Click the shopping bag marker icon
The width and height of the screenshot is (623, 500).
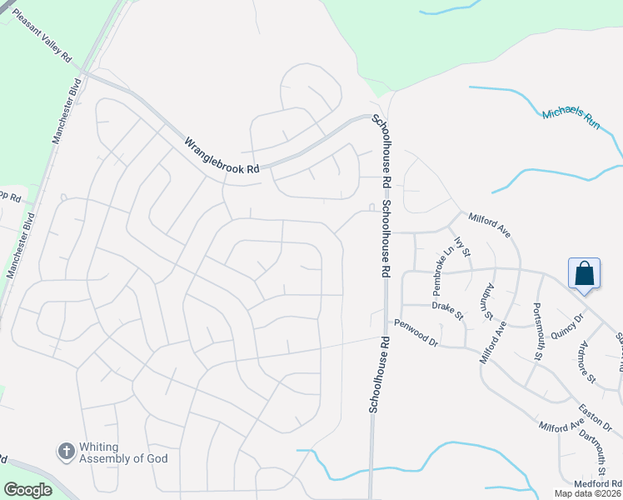584,273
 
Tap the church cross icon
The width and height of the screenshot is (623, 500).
66,452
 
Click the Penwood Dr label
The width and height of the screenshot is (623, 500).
415,332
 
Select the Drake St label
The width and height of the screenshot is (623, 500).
447,310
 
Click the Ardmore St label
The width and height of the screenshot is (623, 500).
588,362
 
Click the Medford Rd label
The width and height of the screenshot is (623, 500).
598,483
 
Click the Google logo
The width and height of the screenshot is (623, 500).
27,490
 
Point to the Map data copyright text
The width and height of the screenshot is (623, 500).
588,493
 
